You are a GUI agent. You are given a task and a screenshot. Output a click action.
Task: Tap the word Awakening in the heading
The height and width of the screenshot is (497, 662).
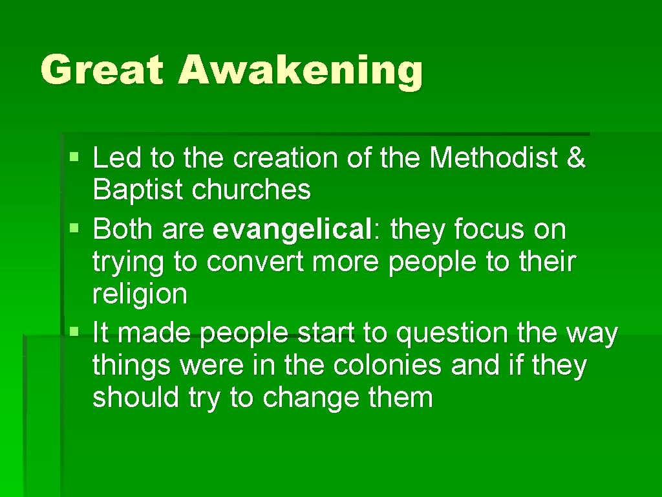301,71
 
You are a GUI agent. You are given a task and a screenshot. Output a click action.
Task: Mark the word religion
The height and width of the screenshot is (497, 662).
140,295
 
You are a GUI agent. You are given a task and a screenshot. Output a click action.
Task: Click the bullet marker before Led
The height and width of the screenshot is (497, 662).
75,157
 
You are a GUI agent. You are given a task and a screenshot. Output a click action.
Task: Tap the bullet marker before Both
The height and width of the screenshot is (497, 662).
75,228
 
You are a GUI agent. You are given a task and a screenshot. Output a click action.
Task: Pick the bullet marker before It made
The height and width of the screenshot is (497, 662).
75,332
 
